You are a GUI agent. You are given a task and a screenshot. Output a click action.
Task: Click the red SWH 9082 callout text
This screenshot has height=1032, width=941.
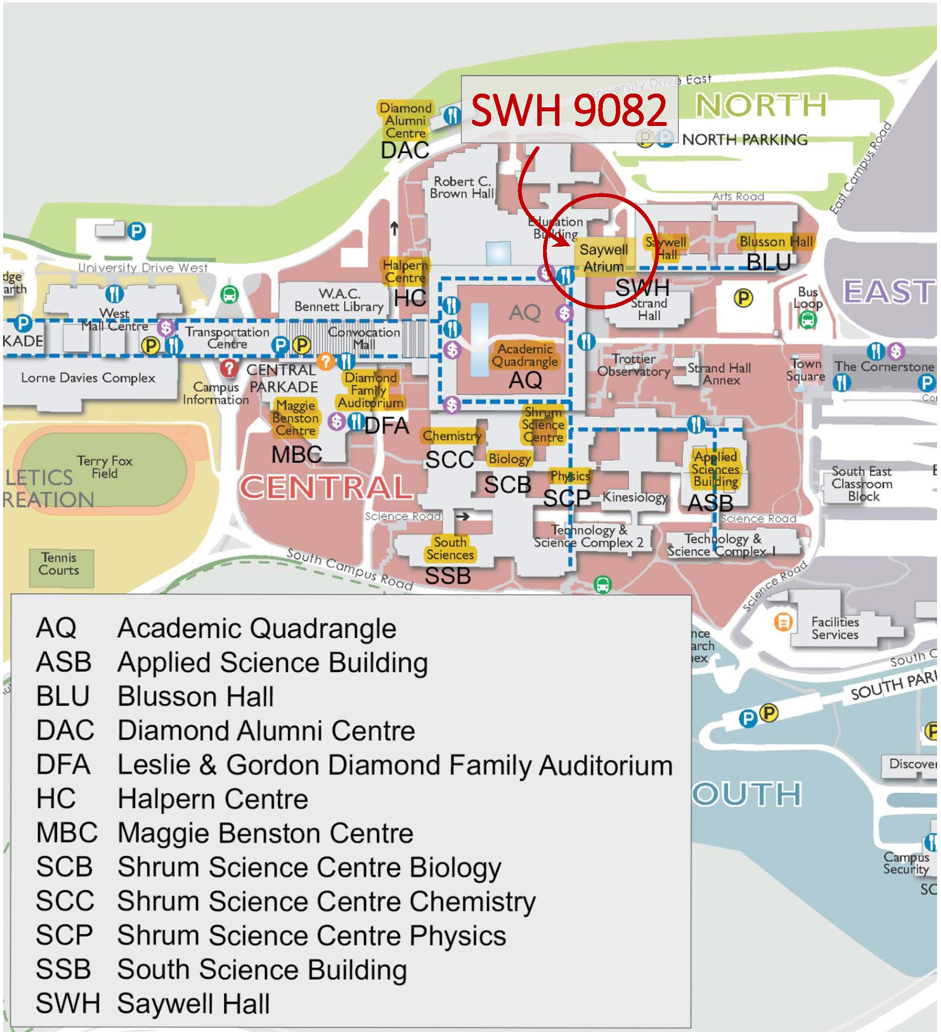(x=568, y=110)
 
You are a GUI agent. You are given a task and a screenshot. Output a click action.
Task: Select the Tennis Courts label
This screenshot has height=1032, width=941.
(x=59, y=563)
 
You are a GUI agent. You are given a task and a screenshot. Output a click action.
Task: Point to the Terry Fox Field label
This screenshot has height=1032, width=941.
(x=104, y=466)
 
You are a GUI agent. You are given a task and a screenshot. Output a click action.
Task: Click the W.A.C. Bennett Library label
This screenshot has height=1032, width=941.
(x=339, y=300)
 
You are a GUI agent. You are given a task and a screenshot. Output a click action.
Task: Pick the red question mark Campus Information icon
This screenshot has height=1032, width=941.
(x=229, y=367)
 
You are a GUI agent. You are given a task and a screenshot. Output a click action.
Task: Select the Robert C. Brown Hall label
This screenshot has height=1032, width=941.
(x=461, y=187)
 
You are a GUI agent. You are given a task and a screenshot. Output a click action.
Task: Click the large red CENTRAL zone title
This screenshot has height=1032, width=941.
(x=326, y=487)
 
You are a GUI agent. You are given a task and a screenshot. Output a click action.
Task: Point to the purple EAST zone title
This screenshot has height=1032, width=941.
(x=888, y=292)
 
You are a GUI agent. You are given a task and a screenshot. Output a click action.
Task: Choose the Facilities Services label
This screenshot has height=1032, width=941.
(x=835, y=628)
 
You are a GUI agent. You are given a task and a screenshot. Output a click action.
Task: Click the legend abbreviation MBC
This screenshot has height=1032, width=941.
(x=67, y=832)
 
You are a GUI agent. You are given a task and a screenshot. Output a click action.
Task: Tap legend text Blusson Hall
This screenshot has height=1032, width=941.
(x=196, y=696)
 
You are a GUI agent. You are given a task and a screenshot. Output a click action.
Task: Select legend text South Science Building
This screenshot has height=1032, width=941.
(x=262, y=969)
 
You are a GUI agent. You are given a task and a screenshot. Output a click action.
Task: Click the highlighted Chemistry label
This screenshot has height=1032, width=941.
(x=452, y=436)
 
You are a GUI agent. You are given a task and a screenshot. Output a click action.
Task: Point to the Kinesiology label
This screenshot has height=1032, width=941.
(x=634, y=497)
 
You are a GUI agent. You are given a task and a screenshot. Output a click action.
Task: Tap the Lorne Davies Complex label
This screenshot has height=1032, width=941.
(x=88, y=378)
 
